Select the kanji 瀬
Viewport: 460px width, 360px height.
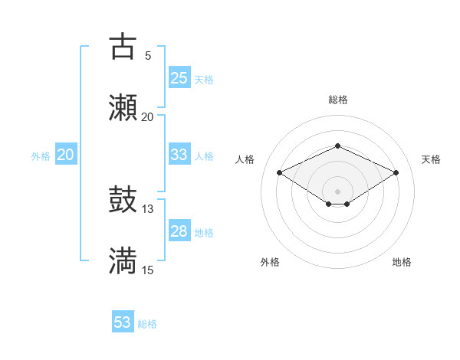pos(123,108)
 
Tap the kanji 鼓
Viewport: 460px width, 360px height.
pos(123,201)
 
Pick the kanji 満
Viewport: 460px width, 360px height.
pos(123,261)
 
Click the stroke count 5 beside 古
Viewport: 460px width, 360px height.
pos(147,55)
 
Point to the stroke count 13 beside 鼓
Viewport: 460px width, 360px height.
pos(148,209)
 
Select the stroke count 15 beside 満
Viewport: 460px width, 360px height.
pos(148,270)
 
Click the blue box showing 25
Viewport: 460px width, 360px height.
pos(179,78)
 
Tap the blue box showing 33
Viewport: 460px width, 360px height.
pos(179,155)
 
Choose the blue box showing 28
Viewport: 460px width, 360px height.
pos(179,231)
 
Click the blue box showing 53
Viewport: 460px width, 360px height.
pos(123,322)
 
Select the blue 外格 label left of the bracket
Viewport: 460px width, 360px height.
pos(41,155)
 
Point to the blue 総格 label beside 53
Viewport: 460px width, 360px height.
pos(147,324)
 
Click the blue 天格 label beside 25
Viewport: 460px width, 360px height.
pos(203,79)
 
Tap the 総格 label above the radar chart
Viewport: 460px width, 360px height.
pos(337,100)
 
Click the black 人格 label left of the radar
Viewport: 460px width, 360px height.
pos(245,159)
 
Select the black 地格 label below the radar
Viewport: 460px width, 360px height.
pos(402,262)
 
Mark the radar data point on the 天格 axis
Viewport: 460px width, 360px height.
pos(396,172)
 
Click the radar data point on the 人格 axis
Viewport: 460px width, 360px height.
pos(279,172)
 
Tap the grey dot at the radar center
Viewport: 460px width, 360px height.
pos(337,190)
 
